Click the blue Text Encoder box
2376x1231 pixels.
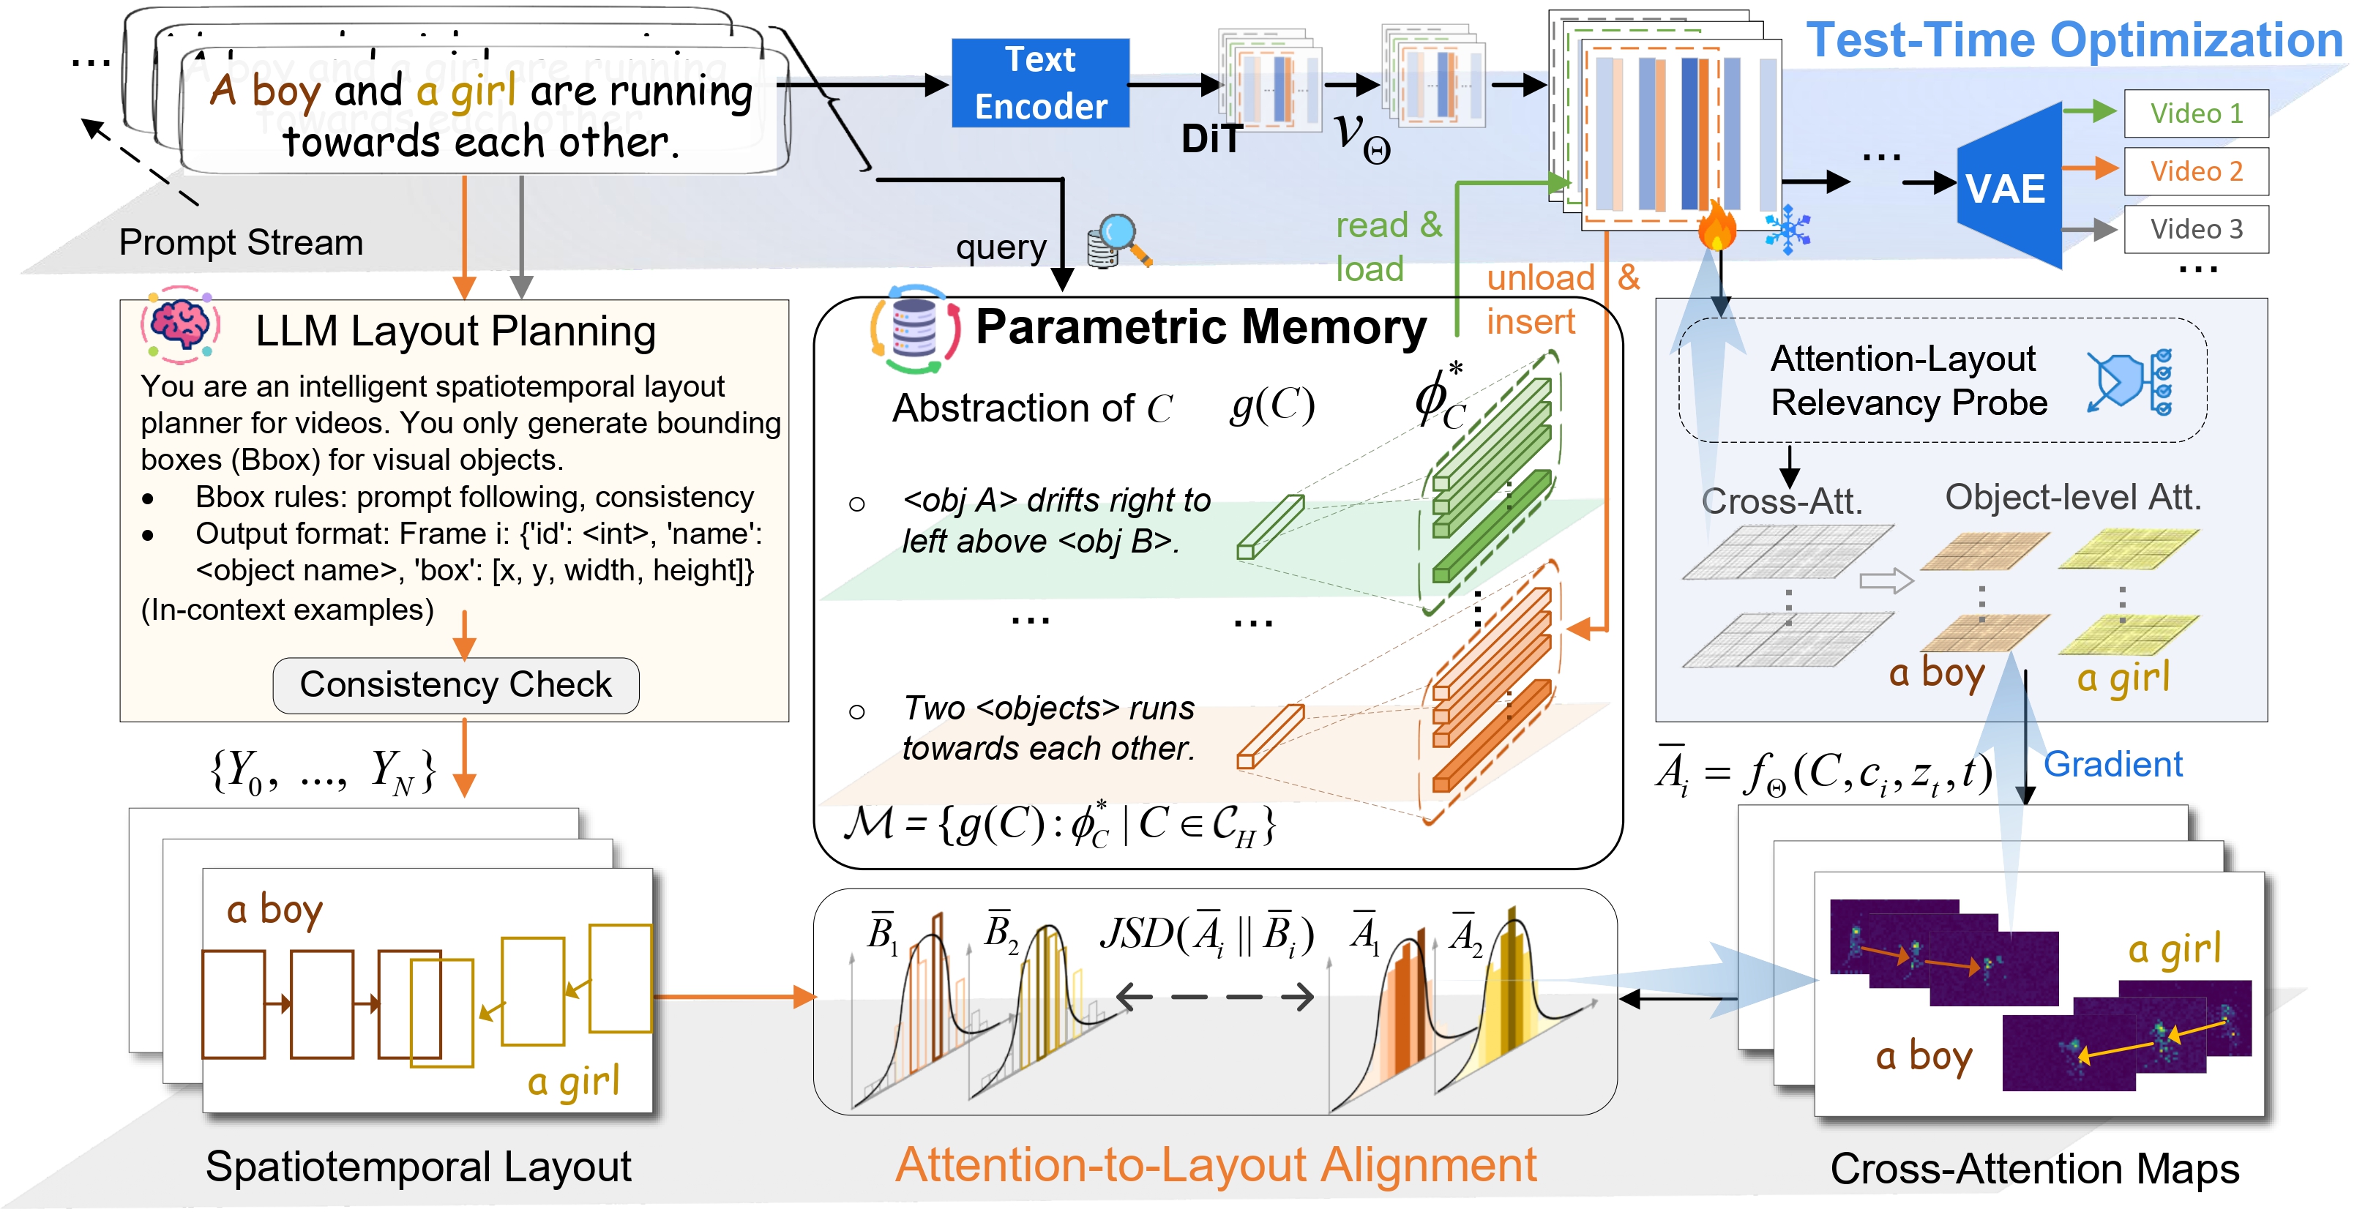[1039, 83]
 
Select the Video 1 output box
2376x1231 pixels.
[2195, 113]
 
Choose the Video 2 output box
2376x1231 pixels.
[2195, 171]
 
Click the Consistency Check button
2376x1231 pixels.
[455, 685]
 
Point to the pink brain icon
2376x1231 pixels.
[181, 324]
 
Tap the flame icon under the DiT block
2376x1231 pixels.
[1716, 226]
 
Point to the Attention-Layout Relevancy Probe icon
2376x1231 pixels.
[2131, 381]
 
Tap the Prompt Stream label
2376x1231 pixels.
[241, 242]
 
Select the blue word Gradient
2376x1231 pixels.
[2112, 764]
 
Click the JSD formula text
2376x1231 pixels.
[1206, 934]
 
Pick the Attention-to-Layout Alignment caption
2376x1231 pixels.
[1216, 1164]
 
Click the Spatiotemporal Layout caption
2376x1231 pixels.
[418, 1167]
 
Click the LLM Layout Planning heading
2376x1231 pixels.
[455, 331]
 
